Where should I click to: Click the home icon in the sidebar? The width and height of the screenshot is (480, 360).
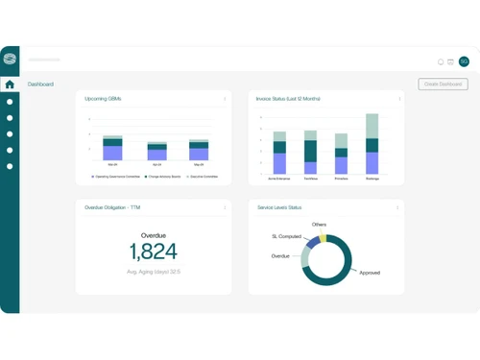pyautogui.click(x=10, y=84)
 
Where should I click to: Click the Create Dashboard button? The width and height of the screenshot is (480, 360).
pyautogui.click(x=443, y=84)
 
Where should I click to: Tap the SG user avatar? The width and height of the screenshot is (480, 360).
pyautogui.click(x=464, y=61)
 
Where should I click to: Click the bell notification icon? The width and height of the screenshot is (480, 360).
pyautogui.click(x=441, y=61)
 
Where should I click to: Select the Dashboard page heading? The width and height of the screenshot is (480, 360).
pyautogui.click(x=40, y=84)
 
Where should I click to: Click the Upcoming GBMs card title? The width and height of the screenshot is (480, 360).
pyautogui.click(x=103, y=99)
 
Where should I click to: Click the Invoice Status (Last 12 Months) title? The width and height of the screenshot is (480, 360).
pyautogui.click(x=288, y=99)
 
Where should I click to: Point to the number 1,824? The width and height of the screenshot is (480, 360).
pyautogui.click(x=154, y=252)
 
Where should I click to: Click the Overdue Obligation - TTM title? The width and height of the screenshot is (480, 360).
pyautogui.click(x=113, y=207)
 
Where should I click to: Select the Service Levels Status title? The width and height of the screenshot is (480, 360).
pyautogui.click(x=279, y=207)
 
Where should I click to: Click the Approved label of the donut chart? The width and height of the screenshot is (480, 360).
pyautogui.click(x=370, y=273)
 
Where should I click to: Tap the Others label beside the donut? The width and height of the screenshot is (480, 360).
pyautogui.click(x=319, y=225)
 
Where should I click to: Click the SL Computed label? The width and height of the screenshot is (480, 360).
pyautogui.click(x=287, y=235)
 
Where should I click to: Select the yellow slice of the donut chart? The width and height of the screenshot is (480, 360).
pyautogui.click(x=324, y=237)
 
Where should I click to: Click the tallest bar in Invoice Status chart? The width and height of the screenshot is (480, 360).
pyautogui.click(x=372, y=144)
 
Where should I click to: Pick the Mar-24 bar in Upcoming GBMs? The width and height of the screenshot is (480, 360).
pyautogui.click(x=112, y=148)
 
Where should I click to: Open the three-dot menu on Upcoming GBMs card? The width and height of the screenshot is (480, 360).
pyautogui.click(x=226, y=99)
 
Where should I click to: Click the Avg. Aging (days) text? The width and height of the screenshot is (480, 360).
pyautogui.click(x=154, y=272)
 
